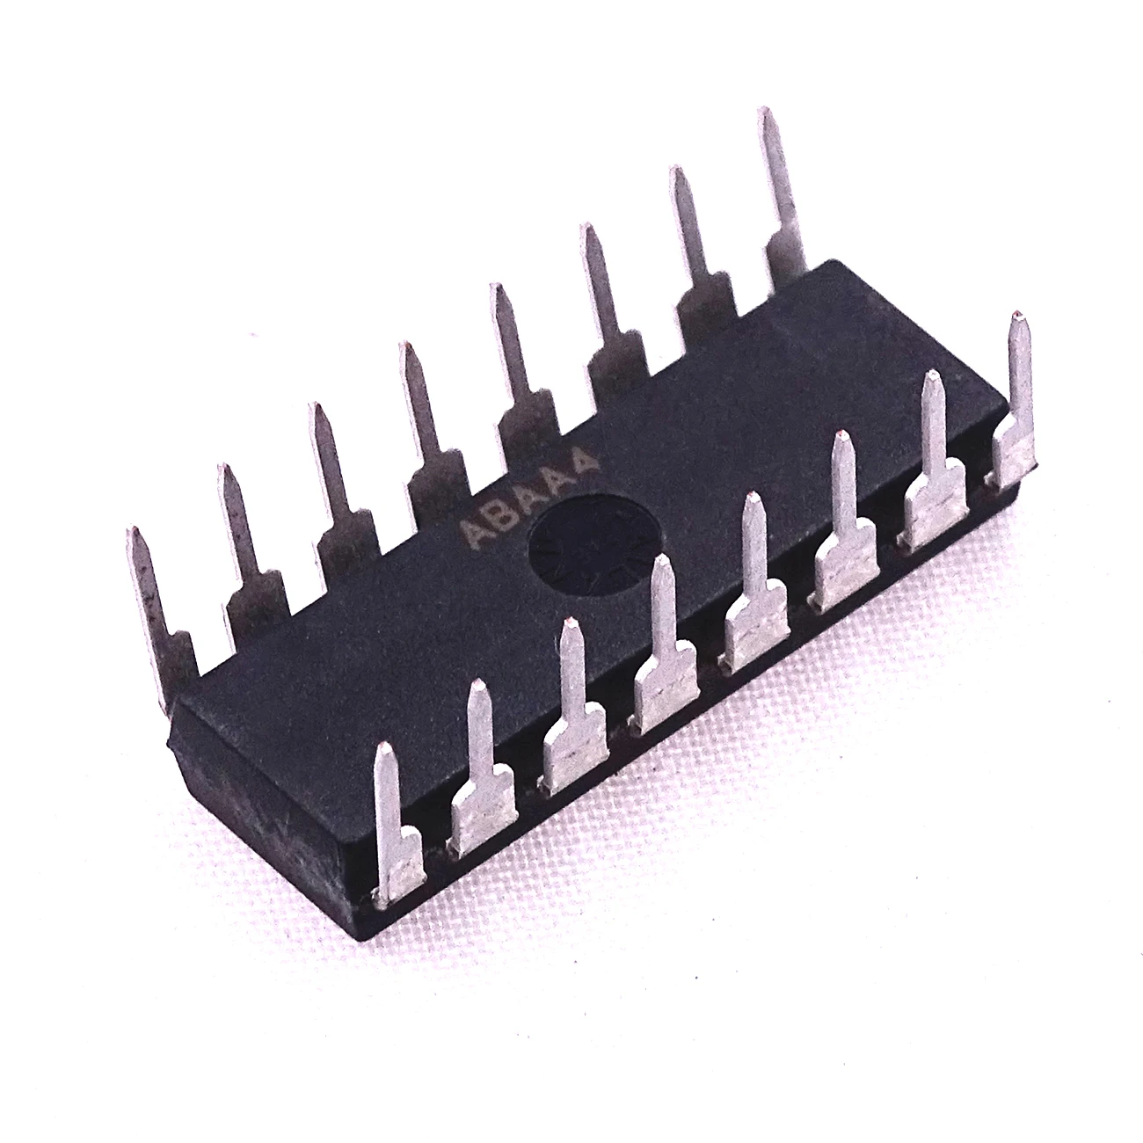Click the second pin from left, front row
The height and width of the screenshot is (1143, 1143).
482,771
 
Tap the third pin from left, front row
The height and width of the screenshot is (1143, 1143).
572,709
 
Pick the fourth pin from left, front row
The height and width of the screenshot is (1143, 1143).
665,646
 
